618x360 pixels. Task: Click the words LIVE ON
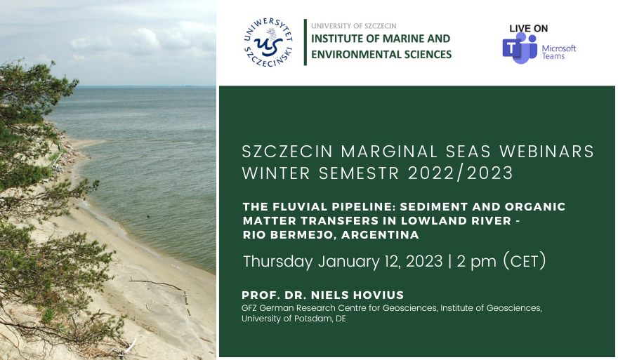529,28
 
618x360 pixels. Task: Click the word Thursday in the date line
277,262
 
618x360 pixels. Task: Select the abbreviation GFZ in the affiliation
249,308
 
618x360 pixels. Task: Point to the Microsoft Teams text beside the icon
559,52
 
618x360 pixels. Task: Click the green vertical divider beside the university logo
305,43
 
